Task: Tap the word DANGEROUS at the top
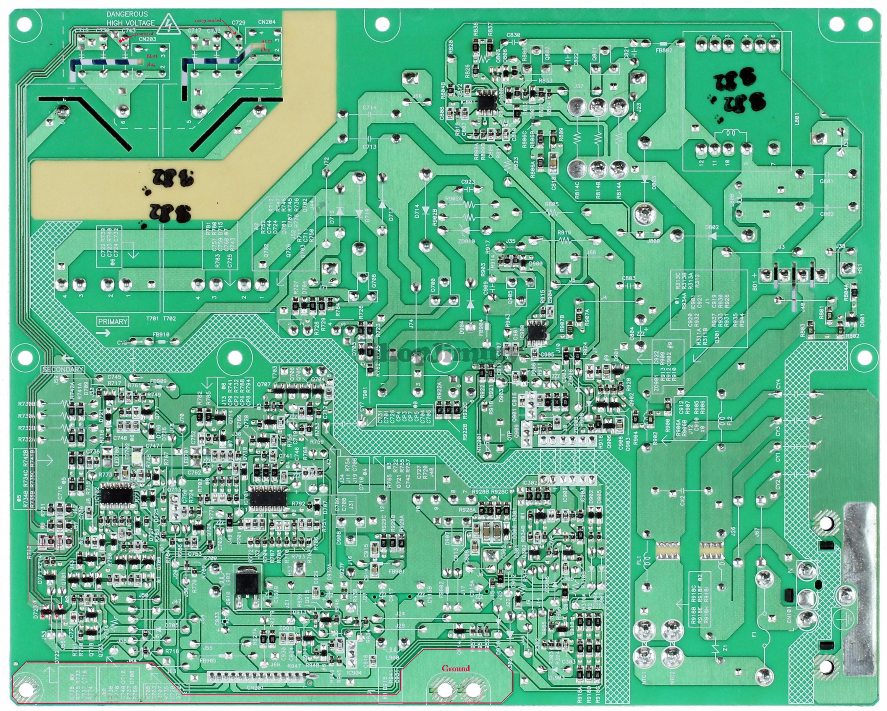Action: coord(127,14)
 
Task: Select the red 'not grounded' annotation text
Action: coord(208,20)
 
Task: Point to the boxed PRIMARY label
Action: coord(113,321)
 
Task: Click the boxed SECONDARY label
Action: coord(63,369)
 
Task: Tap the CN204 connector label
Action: coord(267,22)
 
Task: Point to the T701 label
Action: coord(152,318)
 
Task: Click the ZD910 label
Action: coord(467,241)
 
